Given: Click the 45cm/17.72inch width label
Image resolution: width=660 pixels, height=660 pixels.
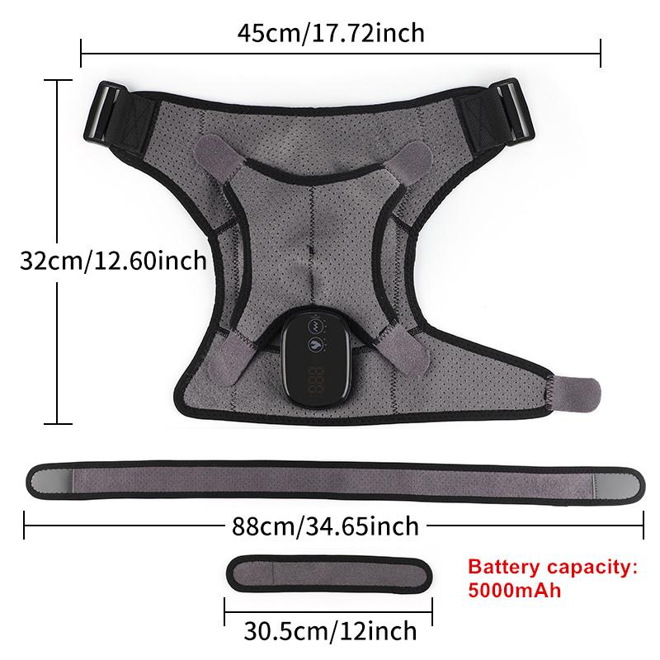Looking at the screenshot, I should click(330, 33).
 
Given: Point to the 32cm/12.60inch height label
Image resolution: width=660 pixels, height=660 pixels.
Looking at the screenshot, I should click(114, 262).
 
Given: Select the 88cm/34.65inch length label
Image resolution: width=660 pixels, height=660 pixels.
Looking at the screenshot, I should click(325, 523).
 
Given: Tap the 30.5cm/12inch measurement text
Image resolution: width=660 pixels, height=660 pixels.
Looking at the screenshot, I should click(330, 631).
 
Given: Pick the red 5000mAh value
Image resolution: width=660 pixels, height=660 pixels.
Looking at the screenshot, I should click(514, 590).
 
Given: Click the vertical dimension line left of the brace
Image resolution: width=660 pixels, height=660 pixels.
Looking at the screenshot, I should click(56, 252).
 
